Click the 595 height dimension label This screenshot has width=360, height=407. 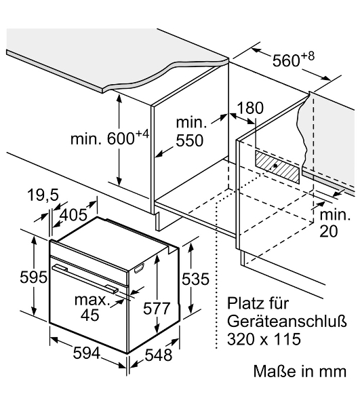(x=33, y=277)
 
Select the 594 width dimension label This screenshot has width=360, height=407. (x=86, y=353)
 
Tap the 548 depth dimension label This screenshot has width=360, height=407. (x=158, y=355)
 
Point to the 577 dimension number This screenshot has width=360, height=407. (x=157, y=309)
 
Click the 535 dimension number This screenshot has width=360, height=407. (x=195, y=279)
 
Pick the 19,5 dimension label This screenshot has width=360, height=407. (x=43, y=195)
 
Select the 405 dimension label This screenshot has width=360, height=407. (x=73, y=215)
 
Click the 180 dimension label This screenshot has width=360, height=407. (x=250, y=108)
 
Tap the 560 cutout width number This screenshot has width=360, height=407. (x=286, y=61)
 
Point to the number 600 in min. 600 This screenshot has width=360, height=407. (x=121, y=139)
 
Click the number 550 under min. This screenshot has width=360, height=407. (x=190, y=140)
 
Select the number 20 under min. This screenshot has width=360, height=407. (x=329, y=231)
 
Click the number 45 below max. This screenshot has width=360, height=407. (x=90, y=315)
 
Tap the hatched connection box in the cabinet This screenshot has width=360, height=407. (x=277, y=167)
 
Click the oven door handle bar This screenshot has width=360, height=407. (x=84, y=278)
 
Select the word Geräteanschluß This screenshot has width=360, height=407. (x=287, y=321)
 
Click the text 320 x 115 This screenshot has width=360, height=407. (x=264, y=338)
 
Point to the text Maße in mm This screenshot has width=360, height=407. (x=300, y=371)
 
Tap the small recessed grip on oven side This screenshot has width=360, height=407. (x=139, y=268)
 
